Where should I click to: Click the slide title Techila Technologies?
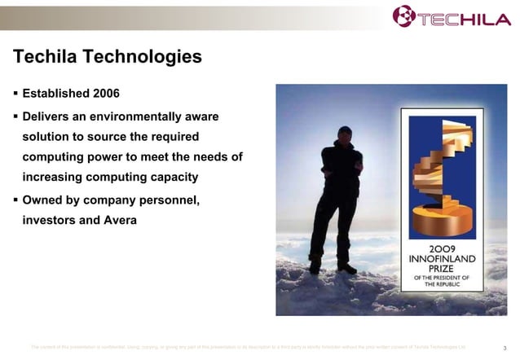point(107,57)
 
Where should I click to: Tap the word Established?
point(56,94)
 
